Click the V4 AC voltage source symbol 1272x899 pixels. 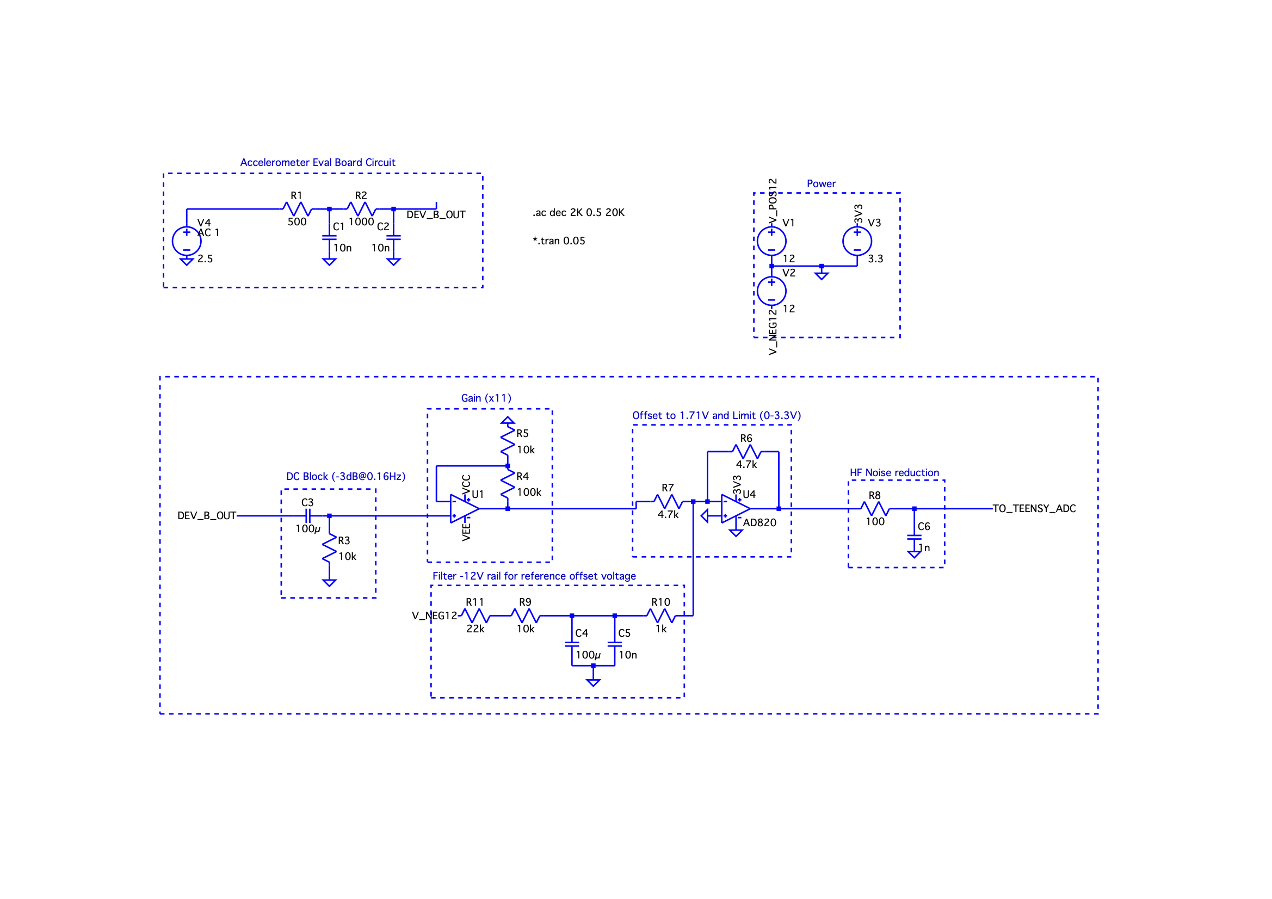click(x=187, y=241)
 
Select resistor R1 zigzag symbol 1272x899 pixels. click(x=297, y=209)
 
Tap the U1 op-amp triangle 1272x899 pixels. click(x=464, y=508)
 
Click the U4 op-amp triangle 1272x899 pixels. click(x=736, y=508)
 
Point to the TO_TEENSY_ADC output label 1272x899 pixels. click(x=1034, y=508)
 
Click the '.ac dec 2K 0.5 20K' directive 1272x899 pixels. click(x=578, y=212)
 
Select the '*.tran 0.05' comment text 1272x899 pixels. click(x=558, y=241)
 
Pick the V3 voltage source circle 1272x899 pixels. click(x=857, y=241)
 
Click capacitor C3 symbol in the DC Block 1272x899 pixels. click(x=308, y=515)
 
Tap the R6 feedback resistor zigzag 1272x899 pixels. click(x=747, y=452)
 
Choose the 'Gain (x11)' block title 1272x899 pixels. click(x=486, y=398)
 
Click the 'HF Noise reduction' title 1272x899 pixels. click(x=894, y=472)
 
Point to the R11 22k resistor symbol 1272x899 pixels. click(x=476, y=615)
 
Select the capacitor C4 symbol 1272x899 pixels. click(x=572, y=643)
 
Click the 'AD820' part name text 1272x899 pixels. click(x=760, y=522)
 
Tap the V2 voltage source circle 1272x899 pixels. click(x=771, y=291)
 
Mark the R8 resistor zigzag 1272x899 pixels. click(x=875, y=508)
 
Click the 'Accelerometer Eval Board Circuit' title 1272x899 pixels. click(x=317, y=162)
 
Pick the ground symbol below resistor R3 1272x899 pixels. click(x=329, y=582)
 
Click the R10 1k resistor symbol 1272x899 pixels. click(x=661, y=615)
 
